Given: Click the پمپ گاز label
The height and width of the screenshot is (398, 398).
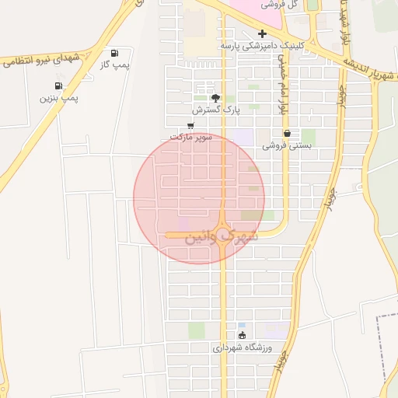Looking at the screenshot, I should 114,65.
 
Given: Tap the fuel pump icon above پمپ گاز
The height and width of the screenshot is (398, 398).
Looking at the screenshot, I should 115,54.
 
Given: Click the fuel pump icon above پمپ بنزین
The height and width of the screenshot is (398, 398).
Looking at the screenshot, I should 58,86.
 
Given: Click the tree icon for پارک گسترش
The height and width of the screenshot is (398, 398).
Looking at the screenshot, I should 215,98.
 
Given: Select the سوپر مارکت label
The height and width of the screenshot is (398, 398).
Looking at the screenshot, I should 191,137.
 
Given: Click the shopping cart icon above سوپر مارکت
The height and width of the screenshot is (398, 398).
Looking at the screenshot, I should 191,125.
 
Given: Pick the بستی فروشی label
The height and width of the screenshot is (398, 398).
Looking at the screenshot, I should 287,145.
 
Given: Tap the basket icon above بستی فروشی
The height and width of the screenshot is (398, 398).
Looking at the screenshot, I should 287,133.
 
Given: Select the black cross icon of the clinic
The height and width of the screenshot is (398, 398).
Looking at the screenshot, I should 262,33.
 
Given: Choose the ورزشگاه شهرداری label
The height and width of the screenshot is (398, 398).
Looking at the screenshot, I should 242,348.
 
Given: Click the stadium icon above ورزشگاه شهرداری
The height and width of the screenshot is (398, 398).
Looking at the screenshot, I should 242,336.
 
